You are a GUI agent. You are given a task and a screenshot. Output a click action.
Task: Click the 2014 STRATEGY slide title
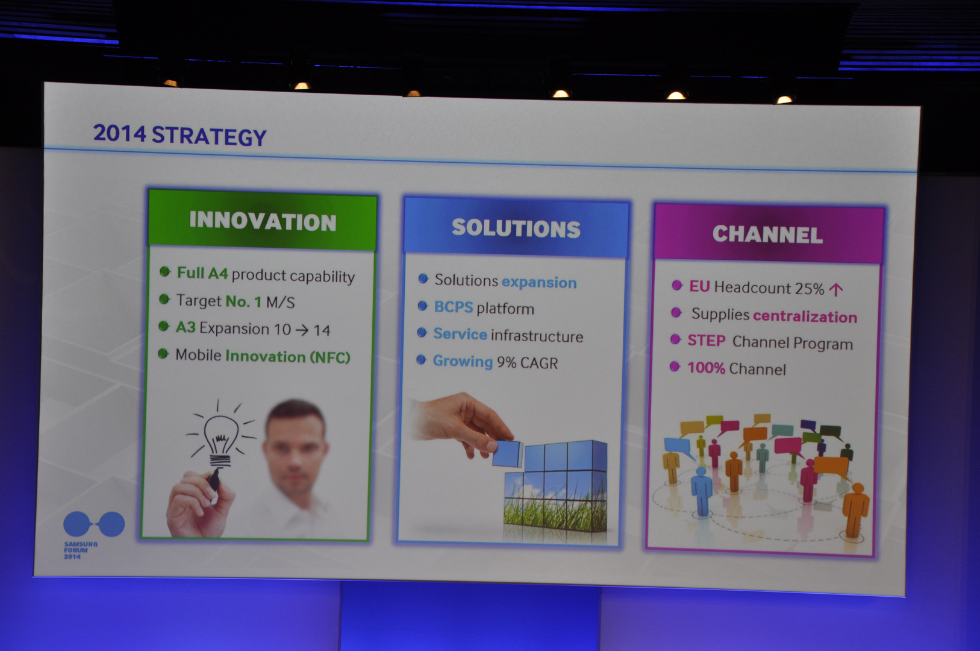tap(180, 135)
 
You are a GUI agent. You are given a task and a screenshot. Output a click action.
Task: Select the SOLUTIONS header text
tap(516, 228)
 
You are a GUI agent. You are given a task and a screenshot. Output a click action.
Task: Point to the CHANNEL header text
tap(768, 234)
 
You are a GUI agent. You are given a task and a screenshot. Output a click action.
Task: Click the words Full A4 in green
tap(202, 273)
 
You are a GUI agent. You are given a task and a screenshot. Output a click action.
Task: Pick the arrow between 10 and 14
tap(302, 330)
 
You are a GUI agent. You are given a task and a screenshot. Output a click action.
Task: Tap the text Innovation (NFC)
tap(288, 357)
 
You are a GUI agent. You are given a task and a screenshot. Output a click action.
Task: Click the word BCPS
tap(453, 307)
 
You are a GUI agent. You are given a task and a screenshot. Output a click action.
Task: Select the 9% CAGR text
tap(527, 362)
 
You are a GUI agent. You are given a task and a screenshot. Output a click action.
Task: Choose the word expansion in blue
tap(539, 283)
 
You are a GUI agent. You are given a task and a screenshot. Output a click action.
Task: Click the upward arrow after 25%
tap(836, 289)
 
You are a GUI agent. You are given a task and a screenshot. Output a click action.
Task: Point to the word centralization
tap(805, 316)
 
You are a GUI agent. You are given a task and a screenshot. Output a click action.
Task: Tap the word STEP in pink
tap(707, 341)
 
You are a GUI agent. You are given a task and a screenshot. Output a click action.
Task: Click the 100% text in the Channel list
tap(706, 368)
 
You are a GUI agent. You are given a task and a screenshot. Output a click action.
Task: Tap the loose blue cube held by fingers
tap(508, 453)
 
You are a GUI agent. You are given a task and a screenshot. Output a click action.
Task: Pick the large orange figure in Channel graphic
tap(855, 509)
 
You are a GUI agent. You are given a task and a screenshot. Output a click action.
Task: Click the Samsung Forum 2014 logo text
tap(81, 550)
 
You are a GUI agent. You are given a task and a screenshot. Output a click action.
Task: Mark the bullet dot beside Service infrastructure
tap(422, 333)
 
